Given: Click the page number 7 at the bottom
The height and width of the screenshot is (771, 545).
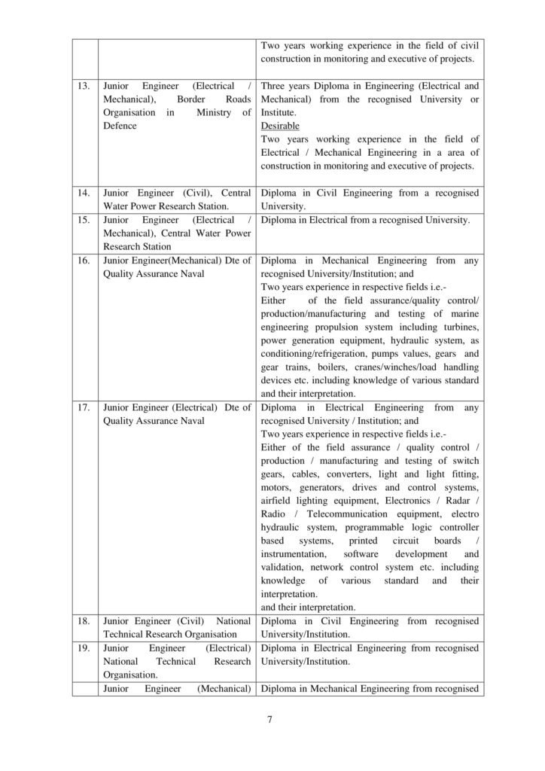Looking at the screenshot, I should coord(269,720).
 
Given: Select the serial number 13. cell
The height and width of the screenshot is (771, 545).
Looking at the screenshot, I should coord(84,87).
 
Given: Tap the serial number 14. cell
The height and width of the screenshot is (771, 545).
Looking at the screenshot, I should coord(84,194).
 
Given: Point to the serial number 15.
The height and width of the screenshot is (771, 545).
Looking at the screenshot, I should coord(84,221).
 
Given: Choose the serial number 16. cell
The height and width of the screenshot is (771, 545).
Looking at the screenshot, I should coord(84,261).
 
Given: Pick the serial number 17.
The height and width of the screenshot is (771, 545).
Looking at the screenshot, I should coord(84,407).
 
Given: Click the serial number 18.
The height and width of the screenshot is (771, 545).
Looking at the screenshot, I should coord(84,621).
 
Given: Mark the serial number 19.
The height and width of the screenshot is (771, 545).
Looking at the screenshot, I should coord(84,648).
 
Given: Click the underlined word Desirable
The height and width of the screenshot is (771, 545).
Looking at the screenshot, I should coord(280,126).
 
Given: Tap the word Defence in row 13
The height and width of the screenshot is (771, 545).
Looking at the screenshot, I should coord(120,126).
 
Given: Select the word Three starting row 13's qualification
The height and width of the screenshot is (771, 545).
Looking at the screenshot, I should coord(276,87).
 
